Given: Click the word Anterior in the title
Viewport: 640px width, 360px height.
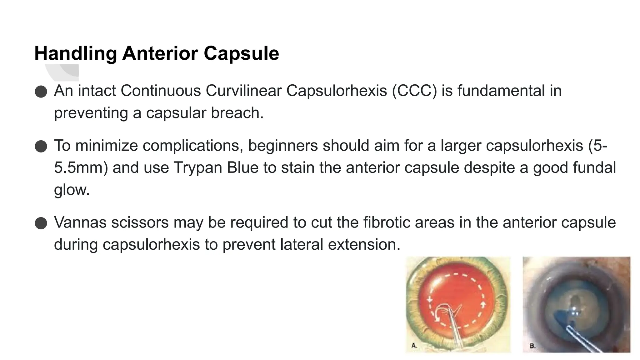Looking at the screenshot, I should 160,53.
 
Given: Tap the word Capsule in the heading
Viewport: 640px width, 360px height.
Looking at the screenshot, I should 241,53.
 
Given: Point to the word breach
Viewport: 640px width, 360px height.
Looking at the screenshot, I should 237,113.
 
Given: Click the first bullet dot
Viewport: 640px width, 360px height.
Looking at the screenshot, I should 41,92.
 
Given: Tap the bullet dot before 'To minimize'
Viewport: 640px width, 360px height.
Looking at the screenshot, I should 41,146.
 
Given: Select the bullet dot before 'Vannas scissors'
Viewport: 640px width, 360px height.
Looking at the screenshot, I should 41,223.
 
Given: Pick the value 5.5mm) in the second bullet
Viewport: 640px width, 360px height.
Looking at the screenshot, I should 81,167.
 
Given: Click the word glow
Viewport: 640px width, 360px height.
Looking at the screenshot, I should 72,190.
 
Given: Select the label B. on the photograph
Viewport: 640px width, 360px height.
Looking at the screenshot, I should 532,346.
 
